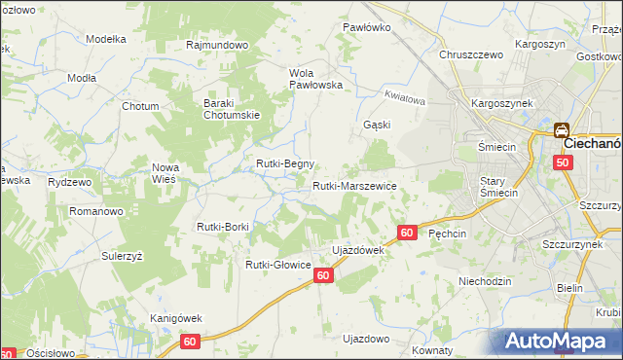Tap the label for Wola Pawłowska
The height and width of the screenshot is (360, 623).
point(317,78)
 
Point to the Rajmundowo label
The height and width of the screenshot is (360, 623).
point(218,45)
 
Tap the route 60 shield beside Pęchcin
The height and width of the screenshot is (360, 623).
point(407,233)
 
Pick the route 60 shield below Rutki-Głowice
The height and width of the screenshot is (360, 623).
point(324,276)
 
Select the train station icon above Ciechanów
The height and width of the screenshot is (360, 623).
point(562,129)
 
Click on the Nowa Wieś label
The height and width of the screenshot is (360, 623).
point(165,173)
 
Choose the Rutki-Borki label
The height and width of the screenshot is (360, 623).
point(223,227)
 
